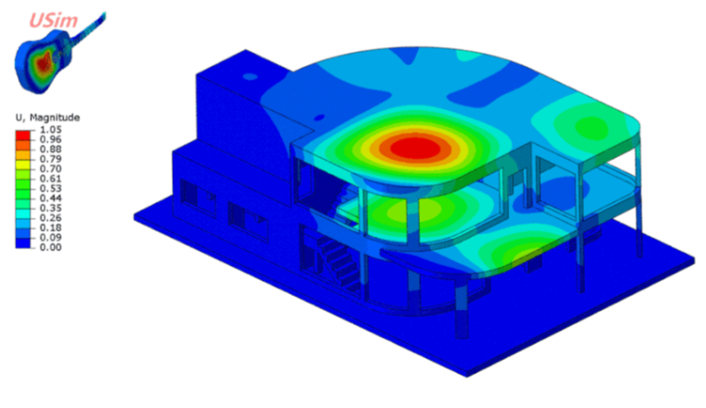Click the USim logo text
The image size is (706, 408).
(53, 20)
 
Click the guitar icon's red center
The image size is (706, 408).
(44, 62)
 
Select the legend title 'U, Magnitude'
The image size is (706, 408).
(48, 118)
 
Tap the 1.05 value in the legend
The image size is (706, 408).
(51, 130)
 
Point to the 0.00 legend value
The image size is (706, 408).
(51, 248)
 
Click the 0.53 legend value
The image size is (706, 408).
(51, 189)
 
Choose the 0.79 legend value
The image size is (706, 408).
(51, 159)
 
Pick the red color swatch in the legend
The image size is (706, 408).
(23, 135)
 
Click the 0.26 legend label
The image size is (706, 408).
(51, 217)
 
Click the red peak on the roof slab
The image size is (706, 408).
(415, 149)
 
